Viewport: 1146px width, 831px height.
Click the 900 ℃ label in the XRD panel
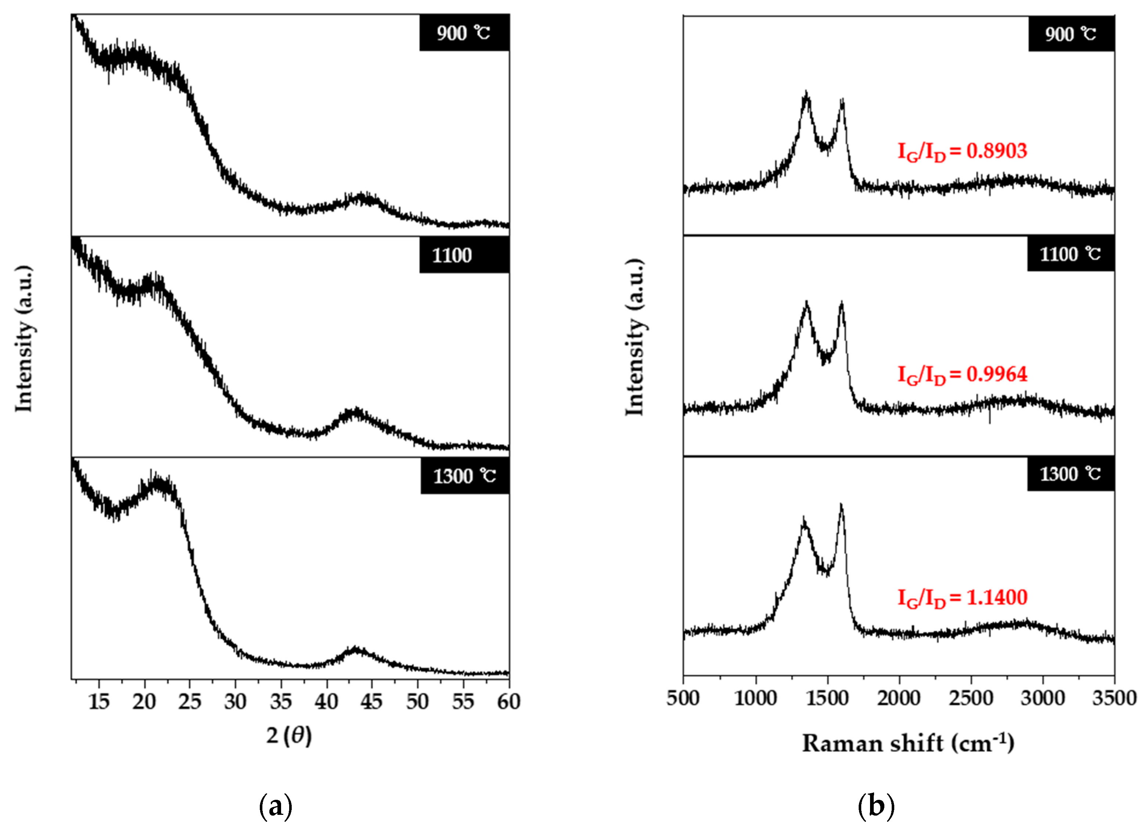[x=464, y=33]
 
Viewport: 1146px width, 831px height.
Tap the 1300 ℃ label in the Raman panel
[x=1070, y=474]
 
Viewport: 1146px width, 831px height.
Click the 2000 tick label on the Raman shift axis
[x=899, y=698]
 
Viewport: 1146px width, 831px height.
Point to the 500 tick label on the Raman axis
[x=683, y=698]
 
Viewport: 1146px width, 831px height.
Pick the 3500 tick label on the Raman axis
[x=1114, y=698]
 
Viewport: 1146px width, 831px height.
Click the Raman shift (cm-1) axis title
[x=908, y=743]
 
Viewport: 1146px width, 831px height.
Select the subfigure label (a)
[x=275, y=807]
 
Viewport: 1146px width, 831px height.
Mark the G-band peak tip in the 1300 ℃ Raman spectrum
[x=841, y=505]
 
